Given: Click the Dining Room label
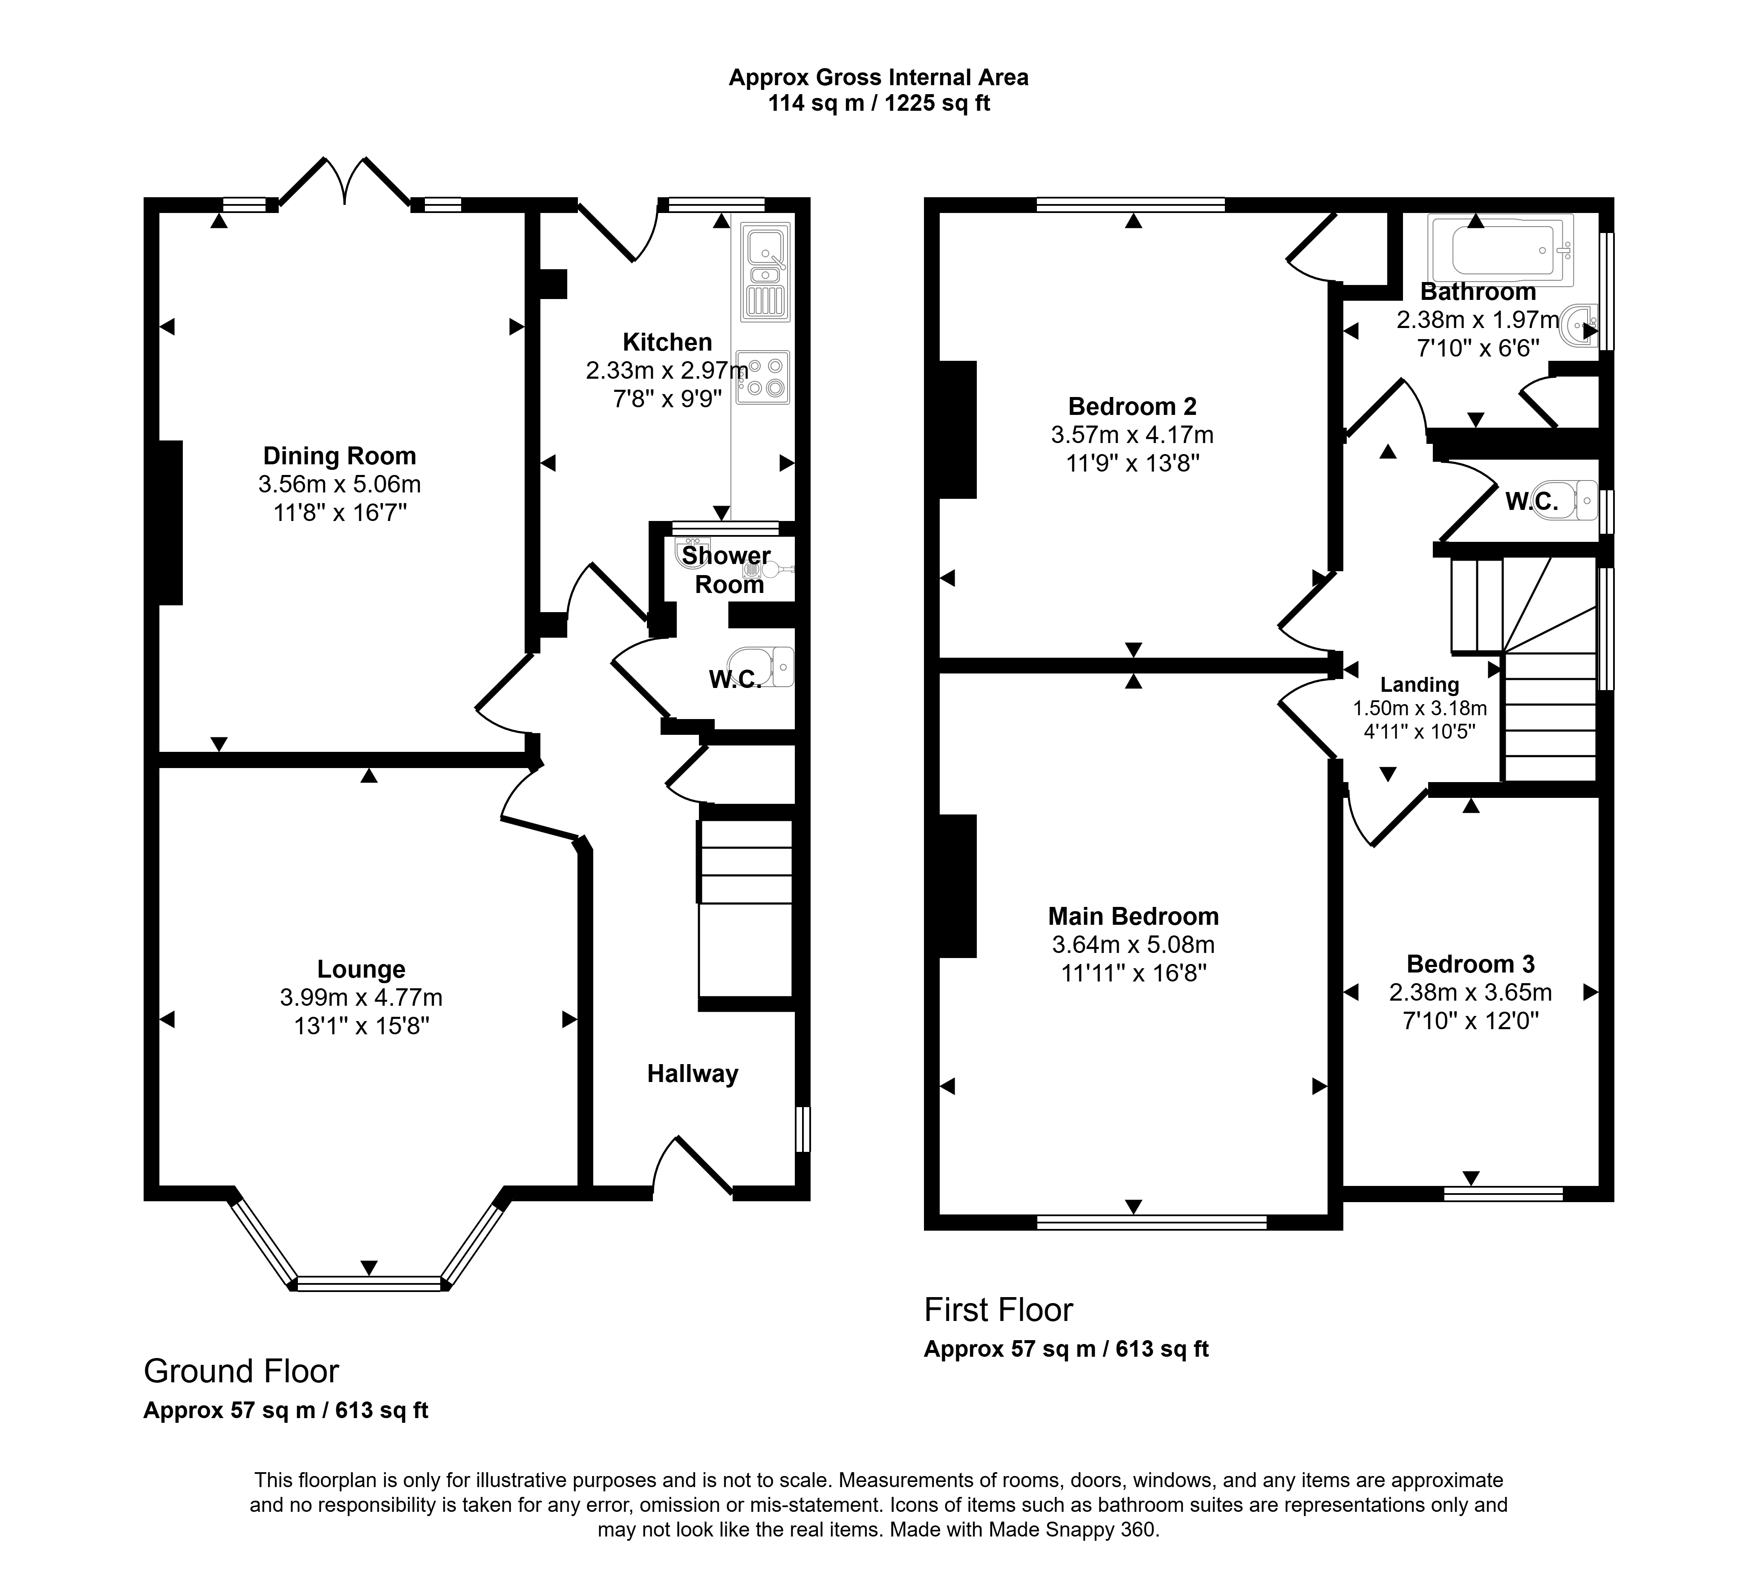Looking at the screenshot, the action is pyautogui.click(x=339, y=456).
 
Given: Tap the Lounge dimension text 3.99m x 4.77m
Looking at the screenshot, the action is pyautogui.click(x=361, y=997).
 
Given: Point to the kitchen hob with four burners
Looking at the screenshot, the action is pyautogui.click(x=763, y=377).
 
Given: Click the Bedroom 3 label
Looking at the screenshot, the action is pyautogui.click(x=1471, y=964).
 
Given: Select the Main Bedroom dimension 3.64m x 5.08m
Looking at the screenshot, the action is pyautogui.click(x=1133, y=944).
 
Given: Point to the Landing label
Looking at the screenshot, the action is pyautogui.click(x=1420, y=685).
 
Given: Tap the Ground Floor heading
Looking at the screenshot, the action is pyautogui.click(x=241, y=1371).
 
